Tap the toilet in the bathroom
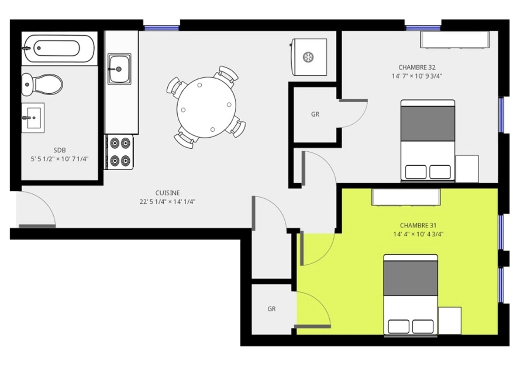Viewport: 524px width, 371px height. (x=42, y=84)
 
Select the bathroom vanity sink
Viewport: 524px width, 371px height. (x=33, y=118)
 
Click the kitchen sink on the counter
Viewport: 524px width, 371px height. (x=119, y=69)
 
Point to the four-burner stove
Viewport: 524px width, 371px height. (x=119, y=152)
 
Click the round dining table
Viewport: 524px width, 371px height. (x=206, y=107)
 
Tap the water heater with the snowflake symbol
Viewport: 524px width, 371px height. (x=309, y=57)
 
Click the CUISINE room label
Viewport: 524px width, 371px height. (x=168, y=193)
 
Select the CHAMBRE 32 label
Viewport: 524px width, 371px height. (x=417, y=67)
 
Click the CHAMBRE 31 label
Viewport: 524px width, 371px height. (x=418, y=225)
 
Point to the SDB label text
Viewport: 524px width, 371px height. (x=60, y=150)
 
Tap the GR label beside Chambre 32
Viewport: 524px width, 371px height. (x=315, y=114)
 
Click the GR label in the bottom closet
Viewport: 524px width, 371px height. (x=271, y=309)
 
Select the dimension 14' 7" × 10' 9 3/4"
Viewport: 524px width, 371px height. (x=417, y=76)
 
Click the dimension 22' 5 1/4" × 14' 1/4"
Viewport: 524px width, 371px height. (x=168, y=202)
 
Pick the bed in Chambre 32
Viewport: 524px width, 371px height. (x=428, y=140)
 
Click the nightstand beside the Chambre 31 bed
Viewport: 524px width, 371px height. (x=450, y=321)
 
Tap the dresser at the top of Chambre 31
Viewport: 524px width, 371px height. (x=406, y=197)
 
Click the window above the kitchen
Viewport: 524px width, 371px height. (x=162, y=28)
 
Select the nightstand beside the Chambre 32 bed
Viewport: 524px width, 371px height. (x=467, y=169)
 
